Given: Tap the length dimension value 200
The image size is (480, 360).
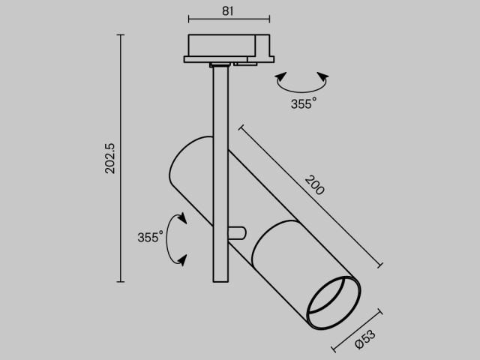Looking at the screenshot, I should pyautogui.click(x=315, y=185).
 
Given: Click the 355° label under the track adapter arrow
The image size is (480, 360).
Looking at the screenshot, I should pyautogui.click(x=303, y=104).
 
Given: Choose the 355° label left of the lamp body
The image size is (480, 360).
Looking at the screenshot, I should pyautogui.click(x=150, y=237).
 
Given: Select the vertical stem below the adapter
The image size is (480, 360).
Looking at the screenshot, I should pyautogui.click(x=220, y=172).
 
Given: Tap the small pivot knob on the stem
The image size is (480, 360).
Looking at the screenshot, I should pyautogui.click(x=237, y=232).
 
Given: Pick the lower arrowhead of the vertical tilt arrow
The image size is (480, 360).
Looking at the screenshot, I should pyautogui.click(x=181, y=260).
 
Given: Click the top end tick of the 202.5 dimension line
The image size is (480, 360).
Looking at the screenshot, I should pyautogui.click(x=120, y=34).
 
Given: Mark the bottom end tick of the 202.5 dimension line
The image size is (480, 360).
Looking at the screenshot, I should pyautogui.click(x=120, y=282).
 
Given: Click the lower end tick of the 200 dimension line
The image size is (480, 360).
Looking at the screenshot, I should pyautogui.click(x=382, y=265).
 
